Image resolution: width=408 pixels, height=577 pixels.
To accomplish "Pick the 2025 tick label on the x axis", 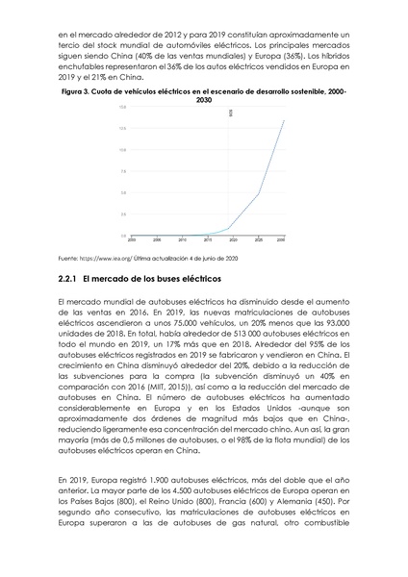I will point(255,238).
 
